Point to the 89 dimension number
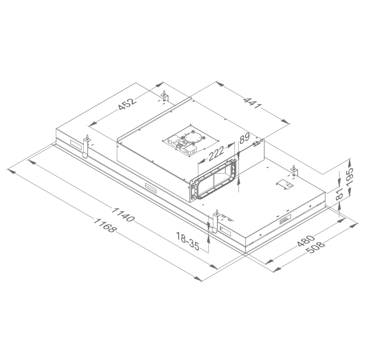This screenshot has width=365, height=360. click(x=244, y=138)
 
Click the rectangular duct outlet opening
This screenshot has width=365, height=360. click(x=215, y=180)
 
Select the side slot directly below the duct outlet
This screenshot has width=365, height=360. click(x=150, y=187)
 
